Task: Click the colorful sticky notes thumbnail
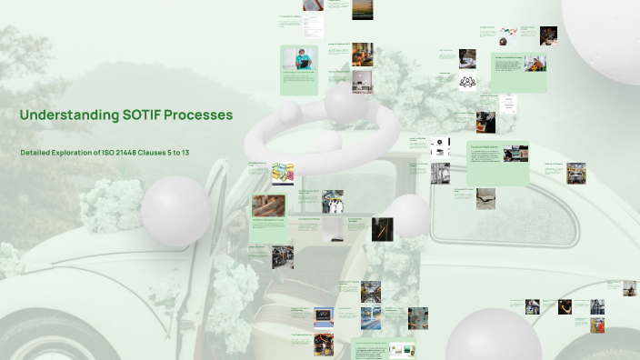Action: (x=282, y=172)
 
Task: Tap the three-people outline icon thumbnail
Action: (x=467, y=82)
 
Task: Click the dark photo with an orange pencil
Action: (x=383, y=228)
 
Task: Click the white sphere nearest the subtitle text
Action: (x=175, y=211)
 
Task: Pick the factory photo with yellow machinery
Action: (x=575, y=174)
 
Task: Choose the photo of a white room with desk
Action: (x=362, y=82)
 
